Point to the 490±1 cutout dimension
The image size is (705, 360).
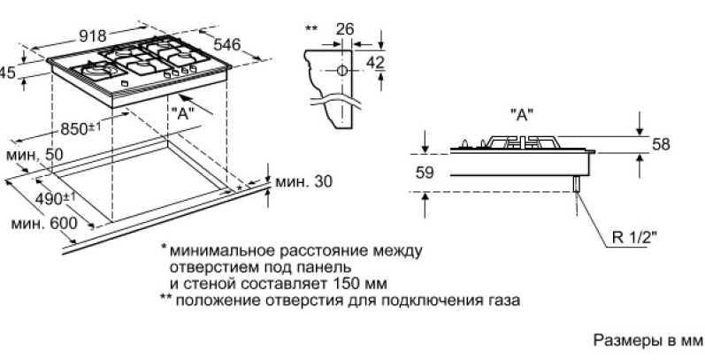(54, 198)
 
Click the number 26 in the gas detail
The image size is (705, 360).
(345, 29)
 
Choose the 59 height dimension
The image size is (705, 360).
(424, 173)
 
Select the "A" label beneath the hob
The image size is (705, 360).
(184, 112)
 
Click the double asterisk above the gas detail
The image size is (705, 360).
(310, 29)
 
